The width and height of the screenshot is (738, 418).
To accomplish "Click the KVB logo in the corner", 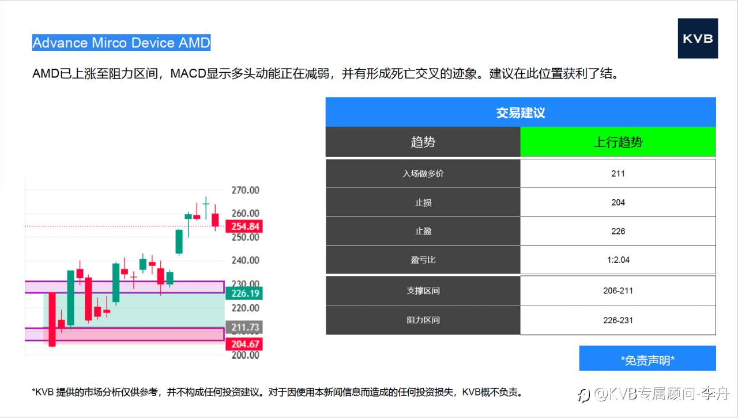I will pyautogui.click(x=698, y=38).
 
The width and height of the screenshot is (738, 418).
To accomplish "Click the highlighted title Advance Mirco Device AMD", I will pyautogui.click(x=121, y=43).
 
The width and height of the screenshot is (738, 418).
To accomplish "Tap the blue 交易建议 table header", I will pyautogui.click(x=520, y=113).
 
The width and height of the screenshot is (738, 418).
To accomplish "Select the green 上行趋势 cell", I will pyautogui.click(x=617, y=142).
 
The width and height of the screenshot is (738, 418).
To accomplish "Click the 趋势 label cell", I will pyautogui.click(x=423, y=142).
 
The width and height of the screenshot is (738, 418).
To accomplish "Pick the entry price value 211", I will pyautogui.click(x=617, y=173).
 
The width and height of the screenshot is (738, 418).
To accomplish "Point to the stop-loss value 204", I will pyautogui.click(x=617, y=202).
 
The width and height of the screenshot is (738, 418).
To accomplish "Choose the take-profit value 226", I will pyautogui.click(x=617, y=231).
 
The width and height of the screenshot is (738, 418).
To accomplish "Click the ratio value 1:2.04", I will pyautogui.click(x=617, y=260).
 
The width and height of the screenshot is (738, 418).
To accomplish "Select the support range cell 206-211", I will pyautogui.click(x=617, y=290).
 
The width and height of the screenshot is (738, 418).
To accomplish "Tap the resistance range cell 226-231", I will pyautogui.click(x=617, y=320).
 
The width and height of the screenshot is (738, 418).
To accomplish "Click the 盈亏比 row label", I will pyautogui.click(x=423, y=260).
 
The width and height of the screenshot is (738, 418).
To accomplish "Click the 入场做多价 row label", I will pyautogui.click(x=423, y=173).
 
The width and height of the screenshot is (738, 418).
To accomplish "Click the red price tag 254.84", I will pyautogui.click(x=245, y=226).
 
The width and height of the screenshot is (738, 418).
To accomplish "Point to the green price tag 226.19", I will pyautogui.click(x=245, y=293).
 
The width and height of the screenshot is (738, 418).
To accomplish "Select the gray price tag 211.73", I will pyautogui.click(x=245, y=327).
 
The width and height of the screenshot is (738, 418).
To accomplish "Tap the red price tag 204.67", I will pyautogui.click(x=245, y=344).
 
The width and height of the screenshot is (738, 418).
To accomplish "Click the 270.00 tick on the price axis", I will pyautogui.click(x=245, y=191).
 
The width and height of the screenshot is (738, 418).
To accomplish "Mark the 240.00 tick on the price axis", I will pyautogui.click(x=245, y=260).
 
